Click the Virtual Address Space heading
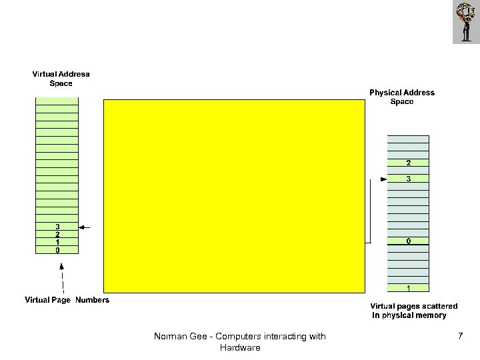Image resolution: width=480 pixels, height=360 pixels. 61,78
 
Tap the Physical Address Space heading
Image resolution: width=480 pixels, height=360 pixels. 402,97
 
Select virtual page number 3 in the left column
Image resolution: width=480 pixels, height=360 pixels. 57,227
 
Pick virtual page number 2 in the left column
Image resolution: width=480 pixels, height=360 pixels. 57,235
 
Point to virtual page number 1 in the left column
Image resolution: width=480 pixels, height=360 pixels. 57,243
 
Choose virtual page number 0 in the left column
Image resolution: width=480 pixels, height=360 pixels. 57,251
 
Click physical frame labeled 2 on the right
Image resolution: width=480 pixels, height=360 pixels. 408,163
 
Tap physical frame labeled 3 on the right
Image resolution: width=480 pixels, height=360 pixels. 408,179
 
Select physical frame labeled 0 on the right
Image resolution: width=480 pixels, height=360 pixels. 408,241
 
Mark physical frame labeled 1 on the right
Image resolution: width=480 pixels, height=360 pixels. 408,288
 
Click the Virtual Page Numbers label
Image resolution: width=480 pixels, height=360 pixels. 67,300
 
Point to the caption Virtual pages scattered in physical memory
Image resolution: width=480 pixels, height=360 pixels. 413,310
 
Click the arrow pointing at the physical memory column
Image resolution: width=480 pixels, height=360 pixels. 383,179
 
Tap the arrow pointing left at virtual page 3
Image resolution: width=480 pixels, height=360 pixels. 84,227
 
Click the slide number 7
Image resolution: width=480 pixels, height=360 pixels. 460,337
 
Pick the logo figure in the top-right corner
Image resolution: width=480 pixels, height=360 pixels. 465,22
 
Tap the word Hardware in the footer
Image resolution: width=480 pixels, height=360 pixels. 239,347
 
